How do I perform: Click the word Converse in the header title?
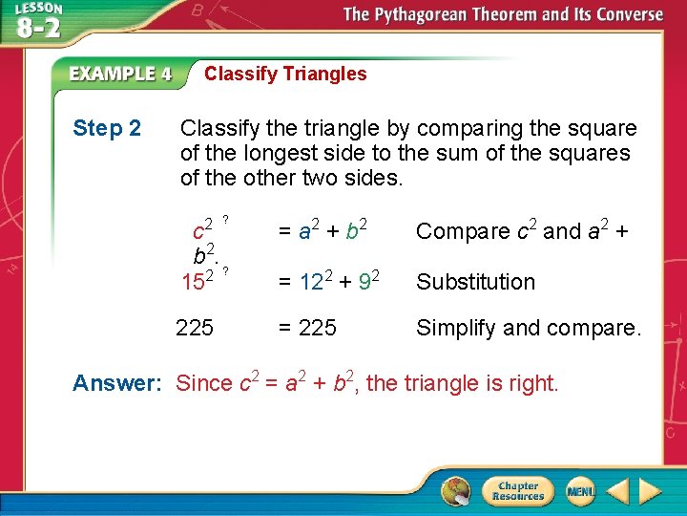[621, 14]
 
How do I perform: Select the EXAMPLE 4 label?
[120, 74]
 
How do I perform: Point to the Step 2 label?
[107, 128]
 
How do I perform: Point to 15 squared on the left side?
[198, 281]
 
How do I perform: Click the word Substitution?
[475, 282]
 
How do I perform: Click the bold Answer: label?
[117, 383]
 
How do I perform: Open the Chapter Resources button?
[516, 491]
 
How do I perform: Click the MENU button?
[580, 491]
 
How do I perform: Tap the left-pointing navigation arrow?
[617, 491]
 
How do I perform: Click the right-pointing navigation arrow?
[651, 491]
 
